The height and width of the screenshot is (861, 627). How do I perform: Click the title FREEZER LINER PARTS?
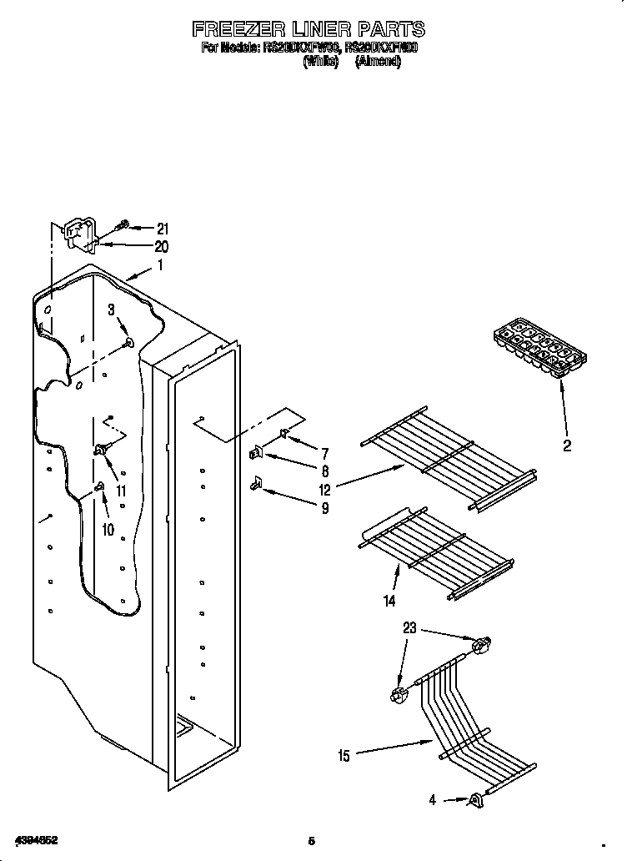[308, 29]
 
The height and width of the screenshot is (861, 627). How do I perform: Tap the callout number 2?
[567, 446]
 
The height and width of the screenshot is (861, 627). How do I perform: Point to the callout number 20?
[161, 246]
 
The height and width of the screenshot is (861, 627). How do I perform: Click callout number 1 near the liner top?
[161, 266]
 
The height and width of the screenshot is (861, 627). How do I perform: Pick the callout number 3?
[111, 310]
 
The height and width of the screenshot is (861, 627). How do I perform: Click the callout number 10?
[107, 529]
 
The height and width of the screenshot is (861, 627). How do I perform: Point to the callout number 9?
[324, 507]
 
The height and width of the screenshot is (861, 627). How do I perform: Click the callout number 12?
[324, 491]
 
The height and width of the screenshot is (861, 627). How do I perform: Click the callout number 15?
[344, 756]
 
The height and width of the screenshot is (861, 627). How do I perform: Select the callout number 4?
[433, 800]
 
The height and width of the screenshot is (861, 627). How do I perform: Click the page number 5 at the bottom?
[311, 839]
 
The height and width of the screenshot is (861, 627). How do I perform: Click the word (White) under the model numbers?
[321, 63]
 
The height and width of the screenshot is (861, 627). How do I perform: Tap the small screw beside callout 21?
[123, 224]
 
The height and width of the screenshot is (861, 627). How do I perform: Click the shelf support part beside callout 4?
[477, 801]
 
